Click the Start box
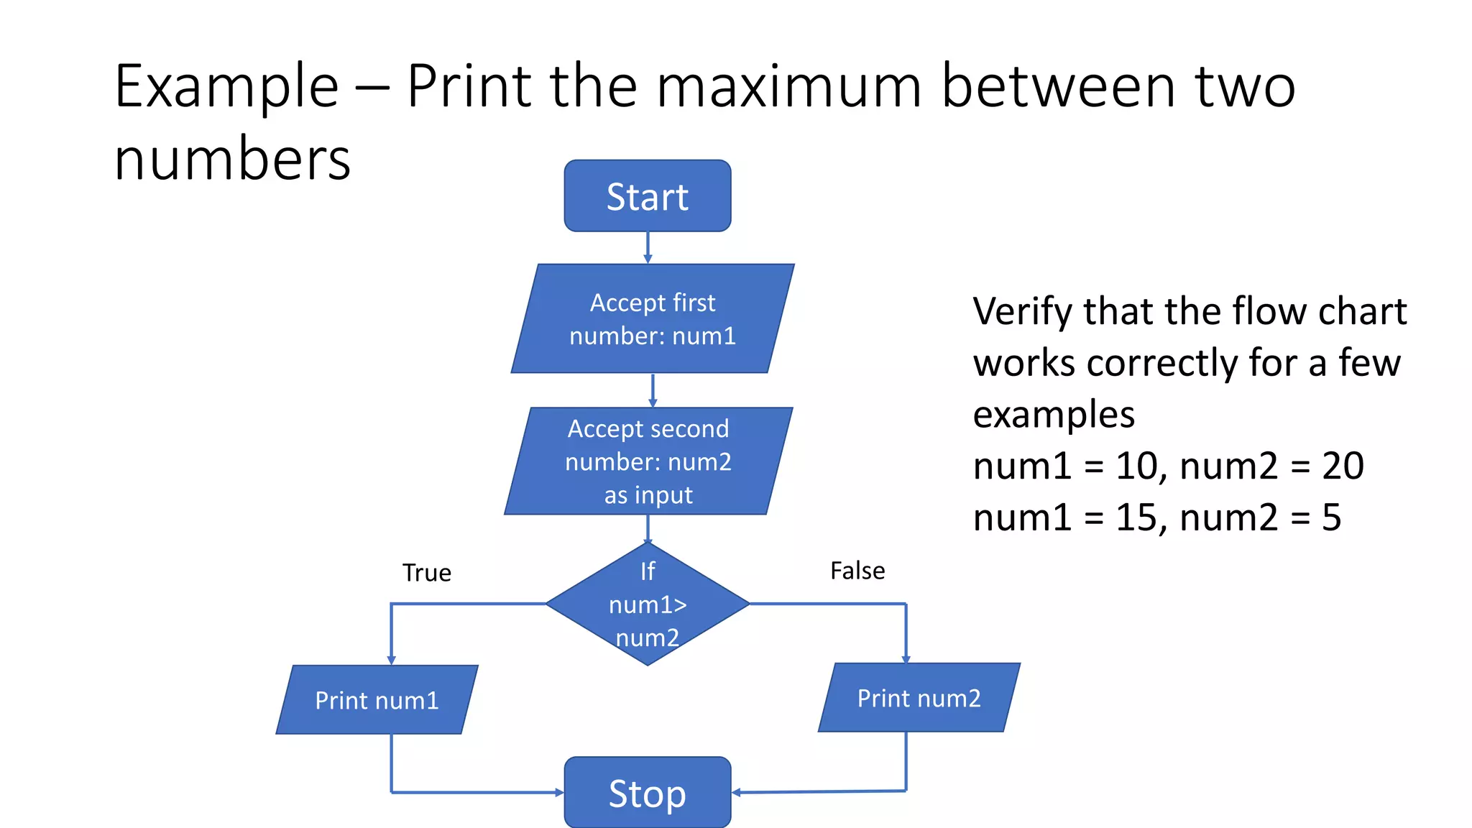click(648, 196)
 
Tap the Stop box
click(648, 793)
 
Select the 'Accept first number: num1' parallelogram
click(653, 318)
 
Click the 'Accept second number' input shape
click(648, 461)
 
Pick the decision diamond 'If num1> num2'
click(648, 604)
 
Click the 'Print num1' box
click(377, 700)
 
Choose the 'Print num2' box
click(919, 698)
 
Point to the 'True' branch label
click(427, 573)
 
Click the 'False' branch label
click(857, 571)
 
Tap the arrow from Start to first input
click(648, 248)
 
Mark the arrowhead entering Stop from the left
click(558, 793)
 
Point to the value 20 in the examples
click(1343, 466)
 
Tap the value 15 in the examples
click(1136, 517)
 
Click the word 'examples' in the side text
click(1054, 415)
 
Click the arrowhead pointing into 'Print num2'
click(906, 658)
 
